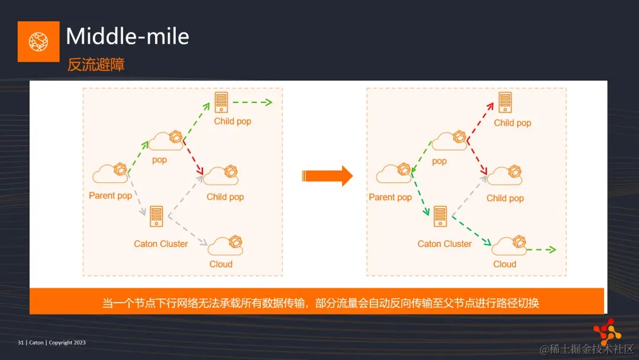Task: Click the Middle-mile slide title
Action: pos(127,37)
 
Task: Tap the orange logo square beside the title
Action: pos(38,41)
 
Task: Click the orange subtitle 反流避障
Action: pos(96,65)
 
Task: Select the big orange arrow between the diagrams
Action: pos(327,175)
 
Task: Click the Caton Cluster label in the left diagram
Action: pos(161,244)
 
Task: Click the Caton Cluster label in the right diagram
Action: pos(444,244)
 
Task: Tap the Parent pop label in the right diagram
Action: pos(390,197)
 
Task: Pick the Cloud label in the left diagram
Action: pos(221,264)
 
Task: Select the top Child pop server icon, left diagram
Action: pos(222,102)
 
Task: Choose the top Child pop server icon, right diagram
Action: pos(505,102)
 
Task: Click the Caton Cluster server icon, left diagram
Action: pos(156,216)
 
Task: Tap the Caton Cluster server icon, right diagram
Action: pos(440,216)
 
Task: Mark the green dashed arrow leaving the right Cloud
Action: pos(541,249)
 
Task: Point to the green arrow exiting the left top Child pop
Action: pos(252,102)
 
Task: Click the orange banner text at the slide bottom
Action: pos(320,303)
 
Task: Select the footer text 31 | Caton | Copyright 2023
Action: pos(52,342)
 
